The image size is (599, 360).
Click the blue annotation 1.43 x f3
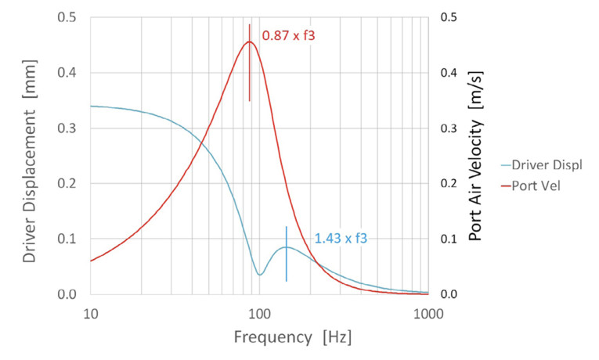tap(341, 239)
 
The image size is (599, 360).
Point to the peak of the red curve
tap(249, 42)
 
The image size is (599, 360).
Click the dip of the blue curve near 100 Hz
tap(260, 275)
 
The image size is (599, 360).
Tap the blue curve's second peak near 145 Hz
tap(287, 247)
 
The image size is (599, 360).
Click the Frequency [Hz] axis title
tap(292, 337)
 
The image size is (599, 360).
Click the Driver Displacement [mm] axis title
tap(29, 154)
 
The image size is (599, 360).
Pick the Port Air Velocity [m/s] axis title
tap(475, 154)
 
